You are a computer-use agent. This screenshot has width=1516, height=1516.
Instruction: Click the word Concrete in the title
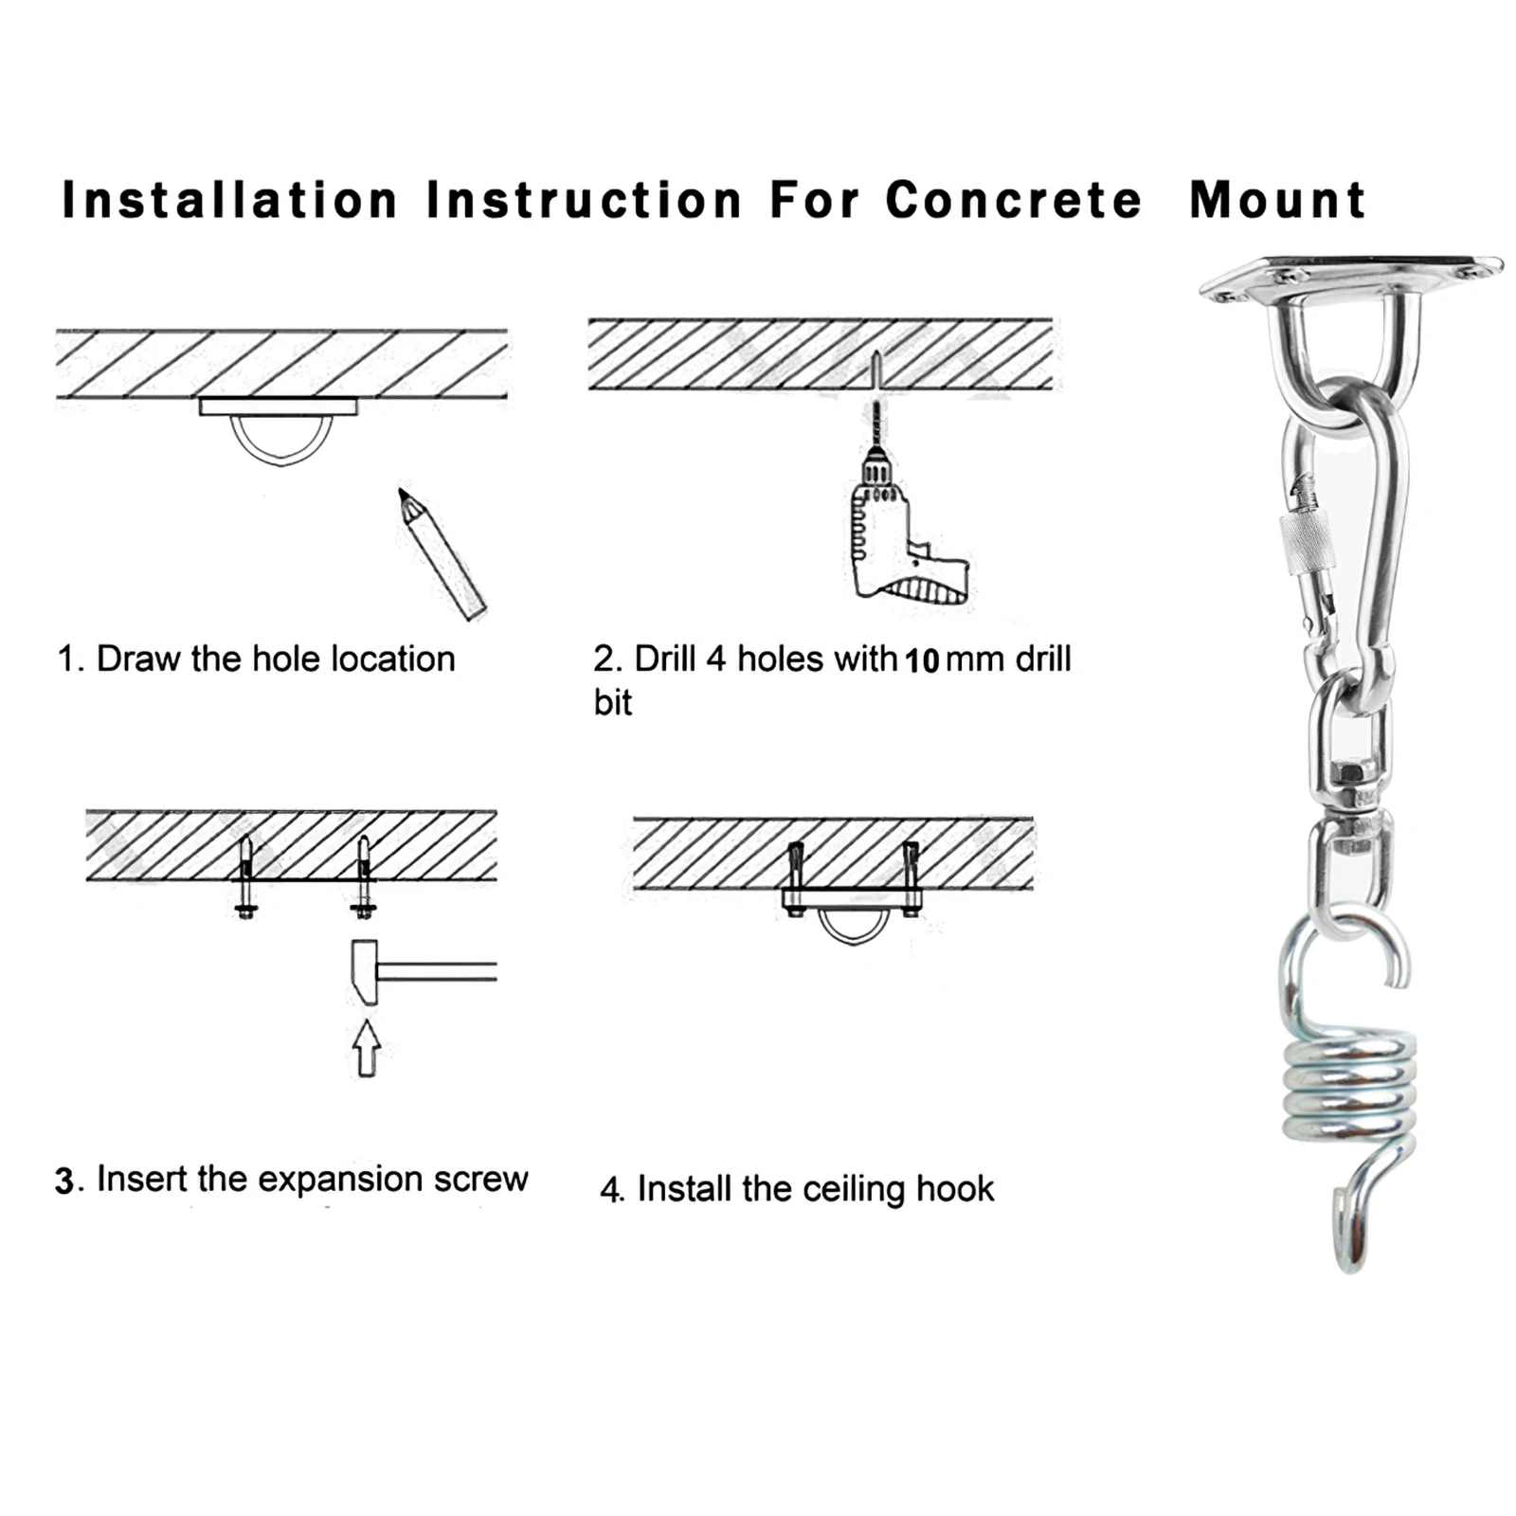(1013, 201)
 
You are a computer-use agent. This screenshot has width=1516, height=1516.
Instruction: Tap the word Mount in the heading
(1277, 201)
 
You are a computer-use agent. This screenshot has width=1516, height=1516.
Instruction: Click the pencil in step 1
(442, 553)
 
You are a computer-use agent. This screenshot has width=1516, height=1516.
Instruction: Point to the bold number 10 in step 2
(921, 661)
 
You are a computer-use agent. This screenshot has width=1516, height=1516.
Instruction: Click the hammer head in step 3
(365, 971)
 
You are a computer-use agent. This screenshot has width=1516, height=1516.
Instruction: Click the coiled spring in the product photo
(1349, 1090)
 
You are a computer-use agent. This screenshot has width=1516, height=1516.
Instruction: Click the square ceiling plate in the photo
(1349, 277)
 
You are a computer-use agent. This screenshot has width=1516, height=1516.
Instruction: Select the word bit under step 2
(612, 703)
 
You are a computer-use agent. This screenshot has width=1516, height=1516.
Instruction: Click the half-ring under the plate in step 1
(281, 442)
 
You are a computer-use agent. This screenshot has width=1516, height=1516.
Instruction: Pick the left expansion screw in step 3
(245, 876)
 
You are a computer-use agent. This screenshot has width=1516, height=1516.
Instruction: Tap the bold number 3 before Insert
(64, 1182)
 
